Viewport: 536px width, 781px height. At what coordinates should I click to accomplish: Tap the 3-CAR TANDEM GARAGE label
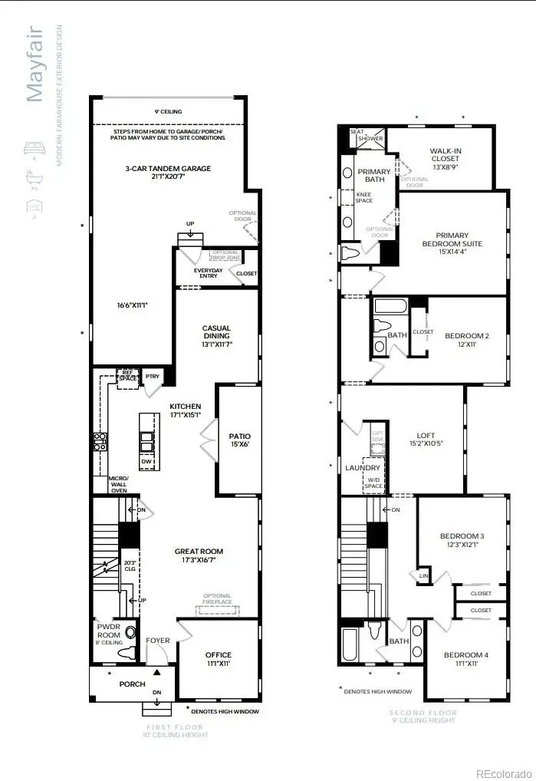(168, 169)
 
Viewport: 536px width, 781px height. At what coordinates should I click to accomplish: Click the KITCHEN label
(186, 407)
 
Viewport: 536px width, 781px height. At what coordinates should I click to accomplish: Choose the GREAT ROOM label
(199, 552)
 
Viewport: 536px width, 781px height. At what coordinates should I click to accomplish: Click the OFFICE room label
(218, 654)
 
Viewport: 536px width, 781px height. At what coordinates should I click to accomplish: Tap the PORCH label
(132, 684)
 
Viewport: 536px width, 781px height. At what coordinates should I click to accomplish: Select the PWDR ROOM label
(109, 626)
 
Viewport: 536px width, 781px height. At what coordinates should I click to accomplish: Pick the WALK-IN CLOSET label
(445, 154)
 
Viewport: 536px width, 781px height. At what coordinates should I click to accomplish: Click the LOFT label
(425, 434)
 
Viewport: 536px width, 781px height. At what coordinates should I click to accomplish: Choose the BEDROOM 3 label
(462, 535)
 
